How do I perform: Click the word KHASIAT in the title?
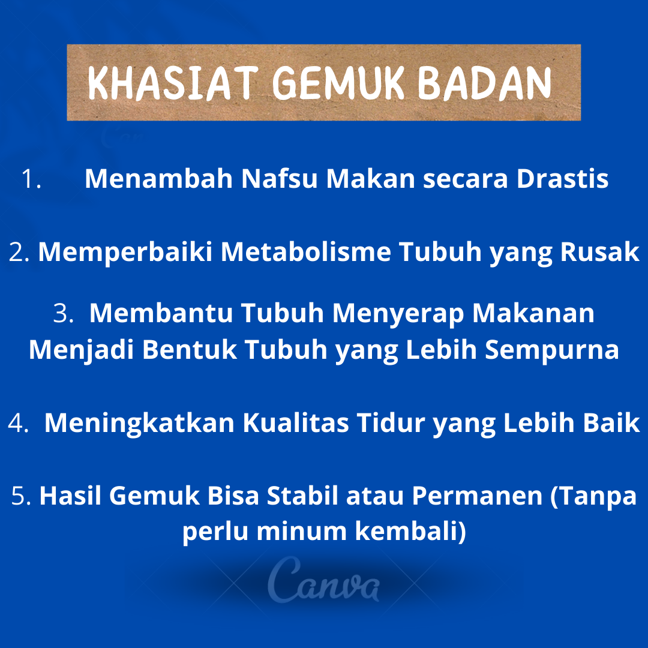[x=173, y=83]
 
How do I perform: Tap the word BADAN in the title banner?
[x=484, y=83]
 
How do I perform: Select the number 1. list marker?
[x=31, y=179]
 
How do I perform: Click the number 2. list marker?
[x=19, y=251]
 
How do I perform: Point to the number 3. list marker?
[x=64, y=313]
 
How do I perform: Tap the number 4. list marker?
[x=19, y=423]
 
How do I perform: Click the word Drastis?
[x=562, y=179]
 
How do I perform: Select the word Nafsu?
[x=279, y=179]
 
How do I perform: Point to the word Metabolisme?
[x=306, y=251]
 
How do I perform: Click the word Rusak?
[x=599, y=251]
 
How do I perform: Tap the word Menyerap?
[x=398, y=314]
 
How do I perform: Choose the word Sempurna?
[x=552, y=350]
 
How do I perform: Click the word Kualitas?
[x=295, y=423]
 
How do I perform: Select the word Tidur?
[x=391, y=423]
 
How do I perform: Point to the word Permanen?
[x=478, y=496]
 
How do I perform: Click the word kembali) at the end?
[x=411, y=531]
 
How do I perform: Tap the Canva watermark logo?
[x=323, y=580]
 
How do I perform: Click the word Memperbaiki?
[x=125, y=252]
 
